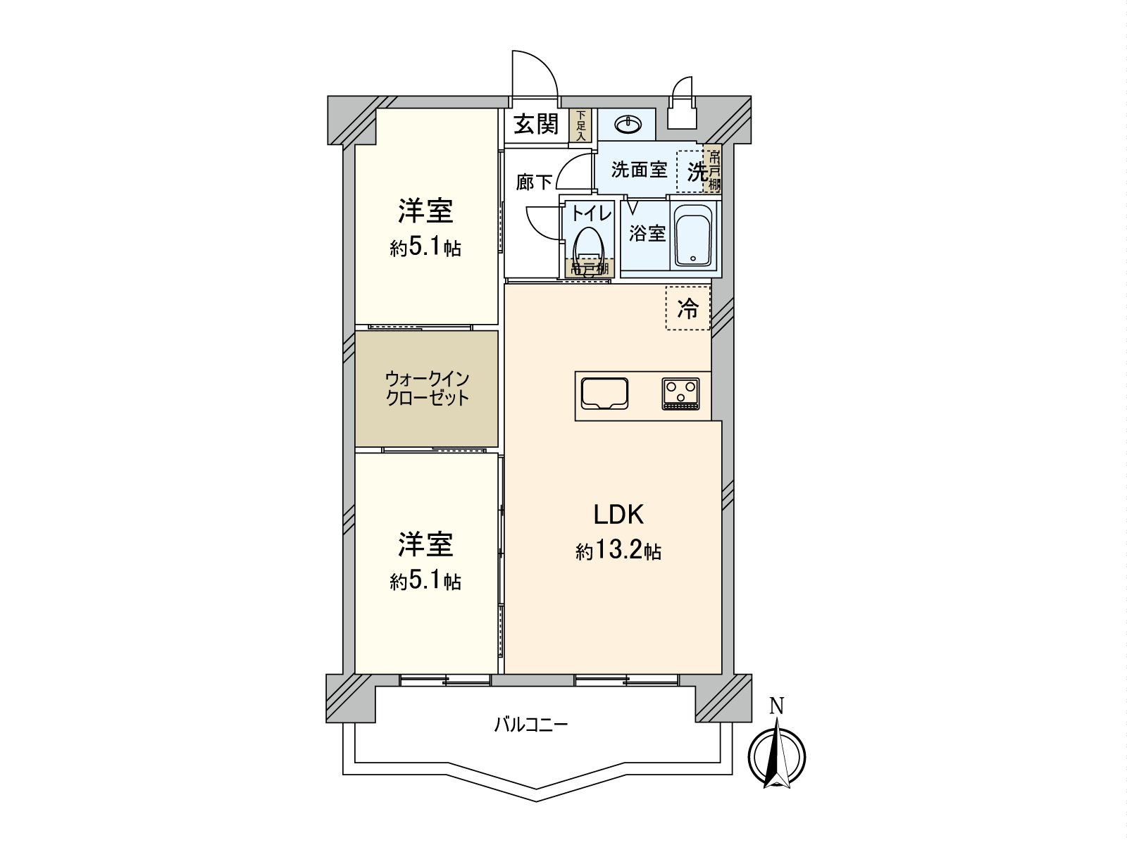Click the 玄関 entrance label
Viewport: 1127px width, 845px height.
(x=536, y=125)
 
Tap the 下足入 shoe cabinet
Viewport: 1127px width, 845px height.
(x=580, y=125)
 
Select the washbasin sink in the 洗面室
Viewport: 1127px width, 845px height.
(x=627, y=125)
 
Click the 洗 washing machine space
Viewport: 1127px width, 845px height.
(x=696, y=171)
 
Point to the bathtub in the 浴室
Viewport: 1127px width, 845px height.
(x=694, y=236)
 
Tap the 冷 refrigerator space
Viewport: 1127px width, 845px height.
(x=688, y=308)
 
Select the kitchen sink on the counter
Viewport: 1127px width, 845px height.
(x=604, y=393)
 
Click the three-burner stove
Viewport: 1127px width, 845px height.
(x=680, y=393)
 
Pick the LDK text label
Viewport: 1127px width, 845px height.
(x=618, y=515)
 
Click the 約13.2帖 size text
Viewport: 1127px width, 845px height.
(x=618, y=551)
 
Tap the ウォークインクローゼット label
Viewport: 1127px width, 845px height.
(x=427, y=388)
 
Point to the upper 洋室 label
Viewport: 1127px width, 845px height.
(x=425, y=211)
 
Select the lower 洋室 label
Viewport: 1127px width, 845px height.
(x=425, y=544)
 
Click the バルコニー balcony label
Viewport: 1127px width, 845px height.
(x=530, y=725)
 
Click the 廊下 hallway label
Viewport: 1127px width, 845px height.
(x=533, y=182)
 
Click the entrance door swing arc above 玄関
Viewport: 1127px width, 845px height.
(x=533, y=71)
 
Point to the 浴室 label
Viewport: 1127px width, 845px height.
(x=647, y=233)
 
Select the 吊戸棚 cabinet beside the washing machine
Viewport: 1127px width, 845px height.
(x=714, y=171)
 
